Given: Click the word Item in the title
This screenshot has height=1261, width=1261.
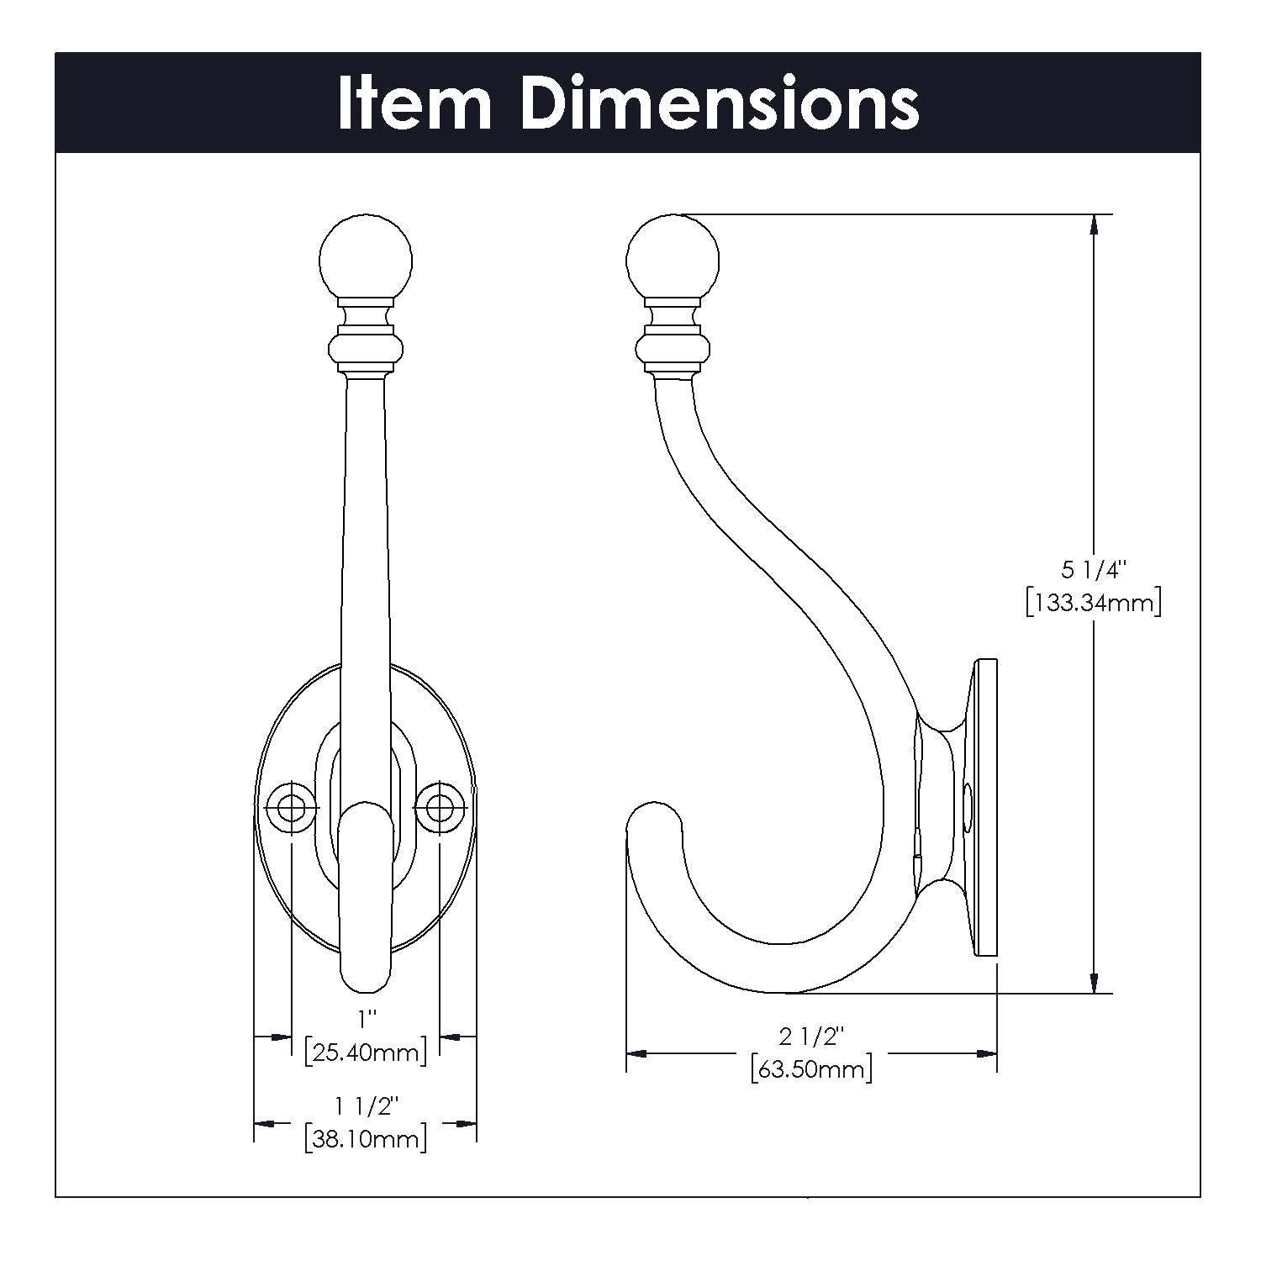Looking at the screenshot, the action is pyautogui.click(x=414, y=104).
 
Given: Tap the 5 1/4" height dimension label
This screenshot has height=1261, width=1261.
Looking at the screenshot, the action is pyautogui.click(x=1093, y=571).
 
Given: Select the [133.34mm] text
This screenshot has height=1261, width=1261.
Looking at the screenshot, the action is pyautogui.click(x=1093, y=603).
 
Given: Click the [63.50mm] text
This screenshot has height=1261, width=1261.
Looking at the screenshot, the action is pyautogui.click(x=811, y=1069).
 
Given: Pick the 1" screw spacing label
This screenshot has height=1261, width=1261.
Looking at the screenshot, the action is pyautogui.click(x=366, y=1020).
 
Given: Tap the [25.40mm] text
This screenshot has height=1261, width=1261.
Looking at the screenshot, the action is pyautogui.click(x=366, y=1052).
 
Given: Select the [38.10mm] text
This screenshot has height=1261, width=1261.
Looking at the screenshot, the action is pyautogui.click(x=366, y=1139).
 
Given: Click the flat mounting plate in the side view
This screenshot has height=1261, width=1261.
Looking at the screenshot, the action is pyautogui.click(x=985, y=807).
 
